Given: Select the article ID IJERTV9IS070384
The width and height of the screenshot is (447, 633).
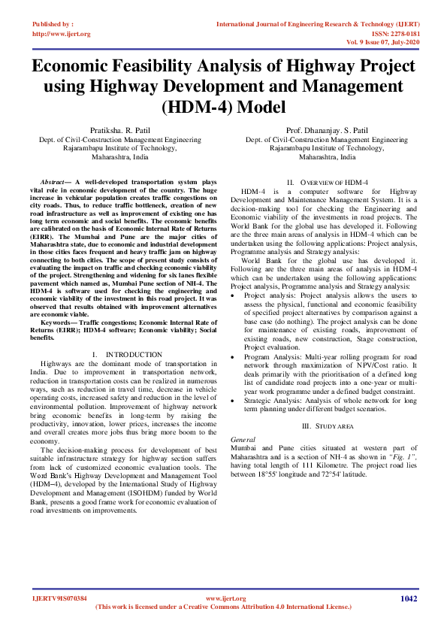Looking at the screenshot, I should coord(59,598).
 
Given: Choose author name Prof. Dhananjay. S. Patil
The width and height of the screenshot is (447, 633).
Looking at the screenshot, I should coord(326,131).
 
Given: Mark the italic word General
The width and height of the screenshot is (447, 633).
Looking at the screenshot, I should coord(243,438).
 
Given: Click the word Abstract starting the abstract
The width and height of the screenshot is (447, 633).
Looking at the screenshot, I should coord(53,183).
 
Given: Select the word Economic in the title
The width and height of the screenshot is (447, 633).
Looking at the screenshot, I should coord(89,65).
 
